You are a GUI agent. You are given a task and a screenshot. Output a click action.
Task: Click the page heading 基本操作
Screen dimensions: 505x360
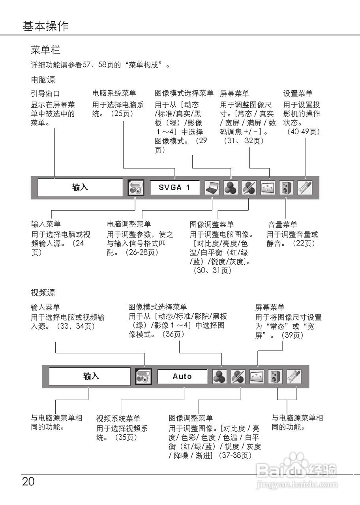point(45,26)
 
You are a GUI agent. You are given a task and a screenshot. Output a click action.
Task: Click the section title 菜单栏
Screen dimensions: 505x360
point(45,50)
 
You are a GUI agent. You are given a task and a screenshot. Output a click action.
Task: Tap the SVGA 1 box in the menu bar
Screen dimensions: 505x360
point(174,187)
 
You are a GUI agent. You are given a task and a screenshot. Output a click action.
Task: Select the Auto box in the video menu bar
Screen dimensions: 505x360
point(182,376)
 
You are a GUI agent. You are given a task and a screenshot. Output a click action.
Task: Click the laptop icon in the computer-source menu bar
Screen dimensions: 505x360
point(212,188)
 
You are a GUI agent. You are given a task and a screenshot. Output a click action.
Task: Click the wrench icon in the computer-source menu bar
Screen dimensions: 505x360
point(305,188)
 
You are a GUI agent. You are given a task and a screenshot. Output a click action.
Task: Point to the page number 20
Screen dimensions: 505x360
point(28,482)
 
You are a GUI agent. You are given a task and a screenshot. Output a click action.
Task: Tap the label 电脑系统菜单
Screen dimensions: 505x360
point(114,94)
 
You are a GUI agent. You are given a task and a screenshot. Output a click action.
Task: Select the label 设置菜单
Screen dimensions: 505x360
point(298,94)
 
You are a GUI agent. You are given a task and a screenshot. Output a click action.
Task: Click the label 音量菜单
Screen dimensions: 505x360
point(283,224)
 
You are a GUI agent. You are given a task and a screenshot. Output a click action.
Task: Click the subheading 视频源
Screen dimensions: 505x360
point(43,293)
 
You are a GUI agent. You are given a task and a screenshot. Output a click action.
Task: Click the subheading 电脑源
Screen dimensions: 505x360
point(43,80)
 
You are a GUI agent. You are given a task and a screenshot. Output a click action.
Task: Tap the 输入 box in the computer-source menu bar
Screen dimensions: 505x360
point(80,187)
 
